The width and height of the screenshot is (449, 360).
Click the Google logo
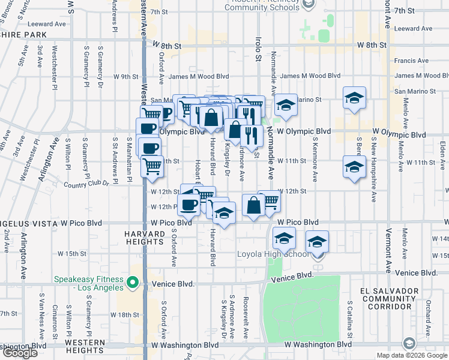(x=20, y=353)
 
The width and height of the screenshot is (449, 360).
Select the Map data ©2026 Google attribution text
(x=412, y=356)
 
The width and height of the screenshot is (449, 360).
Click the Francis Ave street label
(x=411, y=61)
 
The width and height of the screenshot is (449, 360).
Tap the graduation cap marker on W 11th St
(x=355, y=166)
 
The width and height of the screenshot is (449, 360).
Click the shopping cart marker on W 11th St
(x=152, y=166)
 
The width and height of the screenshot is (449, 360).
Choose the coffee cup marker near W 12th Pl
(x=190, y=204)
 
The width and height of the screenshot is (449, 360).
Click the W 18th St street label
(x=125, y=314)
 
